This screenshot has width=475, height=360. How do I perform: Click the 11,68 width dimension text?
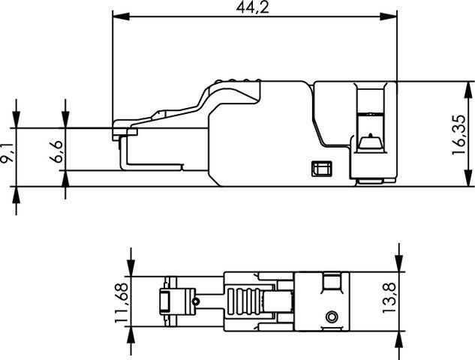pos(120,299)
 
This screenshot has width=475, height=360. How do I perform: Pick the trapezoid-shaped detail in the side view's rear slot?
pos(369,140)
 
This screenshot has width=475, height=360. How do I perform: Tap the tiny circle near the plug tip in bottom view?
pos(195,301)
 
